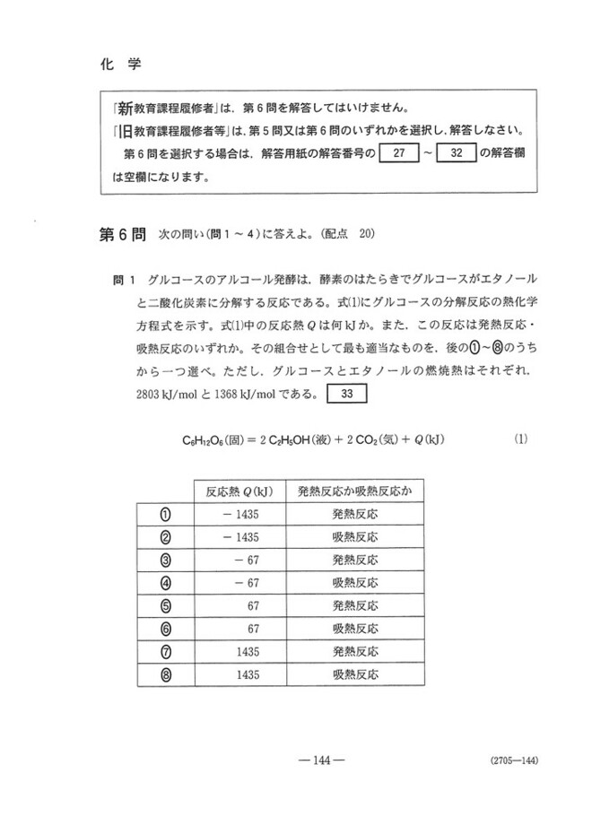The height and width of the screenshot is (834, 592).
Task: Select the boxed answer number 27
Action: pos(400,152)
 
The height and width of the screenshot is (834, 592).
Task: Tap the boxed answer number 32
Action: pos(457,152)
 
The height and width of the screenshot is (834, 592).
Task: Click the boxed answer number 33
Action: pos(346,393)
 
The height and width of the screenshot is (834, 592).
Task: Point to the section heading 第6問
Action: pos(121,236)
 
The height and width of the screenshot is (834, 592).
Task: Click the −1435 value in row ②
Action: pos(240,537)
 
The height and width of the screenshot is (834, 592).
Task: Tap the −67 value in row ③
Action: pos(247,560)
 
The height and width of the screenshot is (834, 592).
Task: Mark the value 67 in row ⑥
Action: pos(253,629)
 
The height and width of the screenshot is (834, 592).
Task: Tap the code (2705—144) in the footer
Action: pos(514,761)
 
